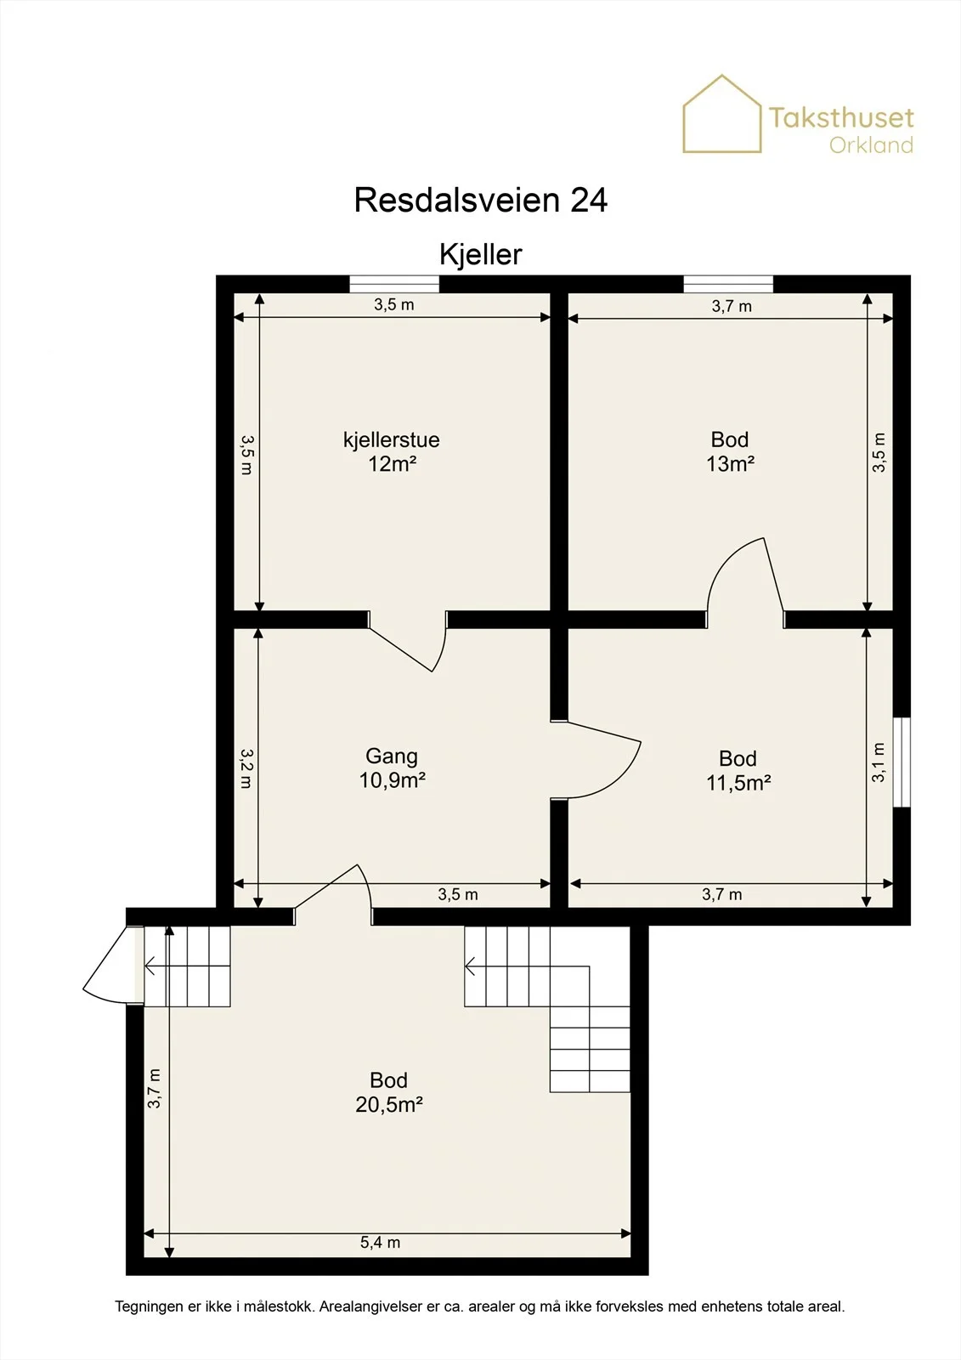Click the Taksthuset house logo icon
(x=722, y=114)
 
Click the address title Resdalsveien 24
(x=481, y=200)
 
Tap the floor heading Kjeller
(x=481, y=254)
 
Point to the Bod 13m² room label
(x=731, y=451)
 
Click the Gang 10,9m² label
(x=393, y=768)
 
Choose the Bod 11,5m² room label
(x=738, y=770)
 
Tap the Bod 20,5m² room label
(x=388, y=1092)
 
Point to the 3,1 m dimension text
(x=879, y=762)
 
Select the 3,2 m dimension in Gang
(x=246, y=768)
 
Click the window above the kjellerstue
(x=394, y=284)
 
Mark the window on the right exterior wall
(x=902, y=762)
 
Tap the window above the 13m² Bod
(x=728, y=284)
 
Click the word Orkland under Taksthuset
(x=871, y=145)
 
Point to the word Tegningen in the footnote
(x=150, y=1306)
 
